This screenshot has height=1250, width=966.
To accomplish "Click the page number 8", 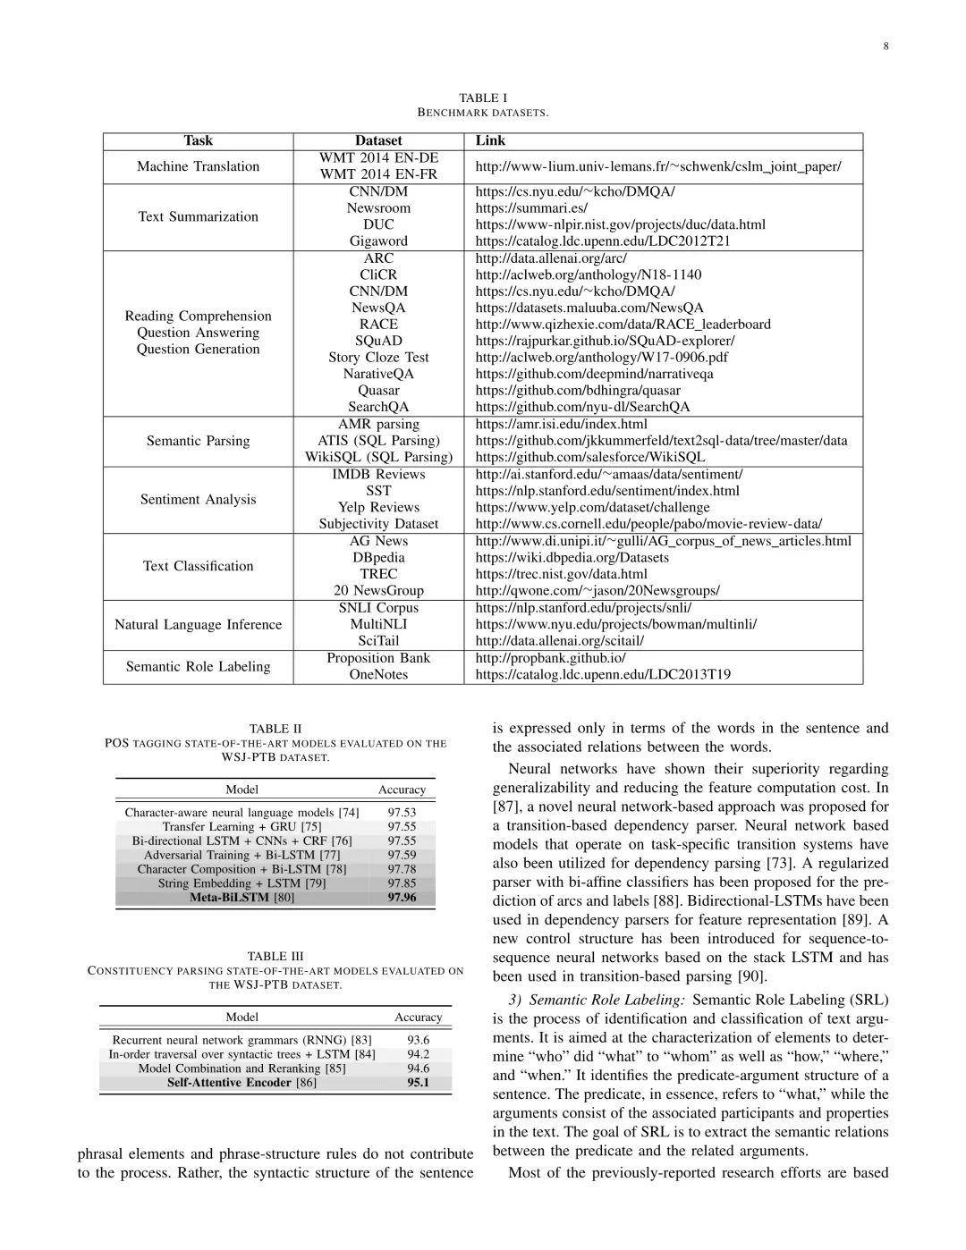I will pos(885,47).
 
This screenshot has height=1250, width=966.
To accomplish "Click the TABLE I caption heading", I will pos(483,97).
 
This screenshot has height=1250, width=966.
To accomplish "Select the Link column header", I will pos(490,140).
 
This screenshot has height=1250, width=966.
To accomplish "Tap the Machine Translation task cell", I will pos(198,166).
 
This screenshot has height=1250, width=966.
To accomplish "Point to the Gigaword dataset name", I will pos(378,241).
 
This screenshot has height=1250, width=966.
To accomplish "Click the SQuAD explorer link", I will pos(605,341).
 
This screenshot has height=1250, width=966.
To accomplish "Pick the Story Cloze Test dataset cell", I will pos(378,357).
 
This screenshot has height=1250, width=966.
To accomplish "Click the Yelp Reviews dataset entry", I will pos(378,507).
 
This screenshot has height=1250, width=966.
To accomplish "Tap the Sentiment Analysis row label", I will pos(198,499).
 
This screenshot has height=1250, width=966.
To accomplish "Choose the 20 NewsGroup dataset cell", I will pos(378,590).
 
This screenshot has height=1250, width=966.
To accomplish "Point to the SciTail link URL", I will pos(559,640).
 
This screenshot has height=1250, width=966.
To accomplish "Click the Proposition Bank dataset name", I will pos(378,658).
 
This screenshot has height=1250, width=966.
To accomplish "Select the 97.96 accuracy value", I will pos(402,897).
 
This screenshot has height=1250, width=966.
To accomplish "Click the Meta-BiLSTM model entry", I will pos(241,897).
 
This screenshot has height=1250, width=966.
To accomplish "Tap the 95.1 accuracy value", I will pos(418,1082).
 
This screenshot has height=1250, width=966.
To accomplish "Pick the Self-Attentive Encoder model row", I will pos(241,1082).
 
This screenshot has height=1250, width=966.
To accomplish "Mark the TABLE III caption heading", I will pos(275,956).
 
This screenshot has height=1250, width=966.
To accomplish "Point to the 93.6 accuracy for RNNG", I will pos(418,1039).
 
